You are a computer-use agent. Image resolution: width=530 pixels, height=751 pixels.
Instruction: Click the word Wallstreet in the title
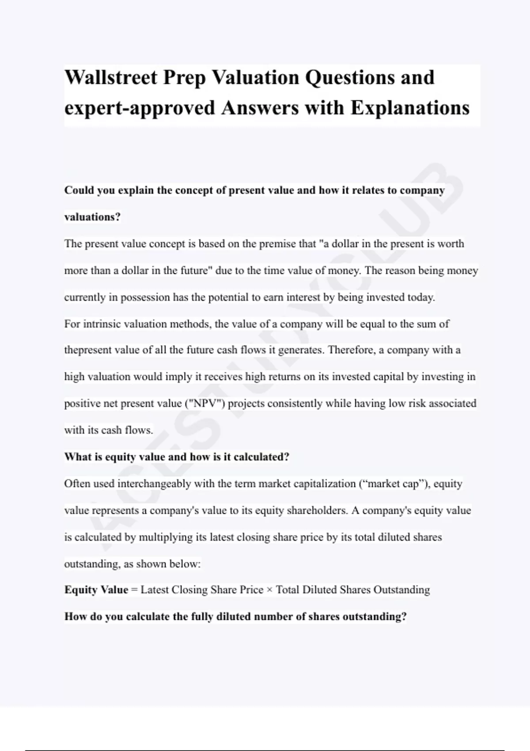pyautogui.click(x=111, y=78)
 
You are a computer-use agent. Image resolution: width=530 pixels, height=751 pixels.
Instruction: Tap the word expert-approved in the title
pyautogui.click(x=140, y=108)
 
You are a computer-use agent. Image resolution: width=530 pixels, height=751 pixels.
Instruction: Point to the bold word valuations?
pyautogui.click(x=92, y=217)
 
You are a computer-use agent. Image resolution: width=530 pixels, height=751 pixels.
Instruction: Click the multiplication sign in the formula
pyautogui.click(x=270, y=590)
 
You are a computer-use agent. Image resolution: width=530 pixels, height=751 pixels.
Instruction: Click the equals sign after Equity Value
pyautogui.click(x=134, y=590)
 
